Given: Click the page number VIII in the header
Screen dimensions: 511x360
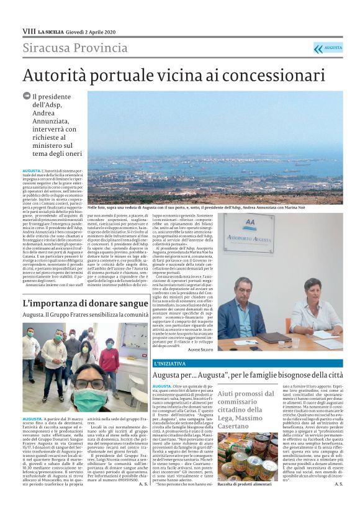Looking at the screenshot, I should coord(29,31).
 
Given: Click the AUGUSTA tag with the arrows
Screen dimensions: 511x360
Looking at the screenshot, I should coord(328,48).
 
